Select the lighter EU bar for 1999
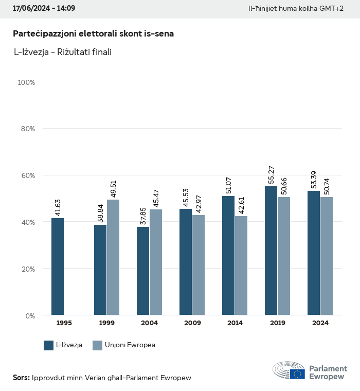(x=113, y=257)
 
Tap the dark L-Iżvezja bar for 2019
(x=271, y=251)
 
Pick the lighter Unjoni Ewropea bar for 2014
(x=241, y=265)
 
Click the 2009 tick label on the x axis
(x=192, y=323)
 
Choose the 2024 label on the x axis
(x=320, y=323)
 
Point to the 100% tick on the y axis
(x=26, y=82)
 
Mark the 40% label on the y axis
(x=28, y=222)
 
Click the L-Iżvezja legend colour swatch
(x=49, y=345)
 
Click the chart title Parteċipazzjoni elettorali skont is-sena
(x=93, y=34)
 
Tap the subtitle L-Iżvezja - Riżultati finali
(x=63, y=52)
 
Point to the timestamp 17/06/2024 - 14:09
(x=44, y=9)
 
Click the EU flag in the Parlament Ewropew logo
(x=297, y=374)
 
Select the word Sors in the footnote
(x=21, y=378)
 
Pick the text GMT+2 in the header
(x=332, y=9)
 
